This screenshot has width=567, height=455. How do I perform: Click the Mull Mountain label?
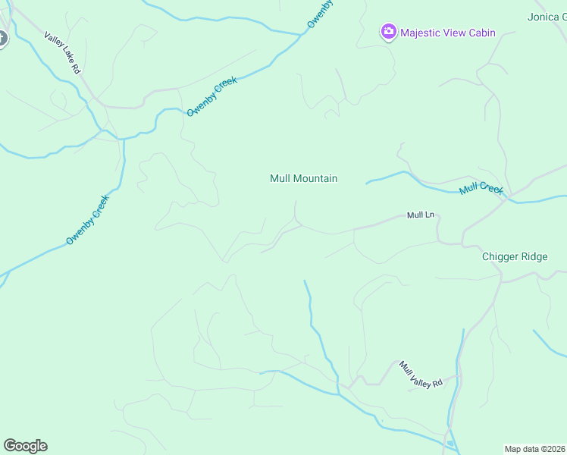(x=303, y=179)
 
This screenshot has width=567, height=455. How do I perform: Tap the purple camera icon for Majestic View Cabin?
(x=388, y=32)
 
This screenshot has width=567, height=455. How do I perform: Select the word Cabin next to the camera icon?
(x=481, y=33)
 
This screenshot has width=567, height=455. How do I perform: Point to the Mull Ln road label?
(x=421, y=215)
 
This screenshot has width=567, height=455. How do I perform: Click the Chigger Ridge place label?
(x=515, y=256)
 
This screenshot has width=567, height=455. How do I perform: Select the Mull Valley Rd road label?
(x=421, y=374)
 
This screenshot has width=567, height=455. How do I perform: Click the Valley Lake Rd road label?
(x=61, y=52)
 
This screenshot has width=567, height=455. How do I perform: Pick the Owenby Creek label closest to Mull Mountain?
(x=212, y=96)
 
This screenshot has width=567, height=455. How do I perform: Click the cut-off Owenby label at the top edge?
(x=321, y=14)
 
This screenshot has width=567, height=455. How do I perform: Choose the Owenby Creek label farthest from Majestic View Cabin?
(x=88, y=220)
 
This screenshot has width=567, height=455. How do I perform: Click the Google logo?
(x=25, y=446)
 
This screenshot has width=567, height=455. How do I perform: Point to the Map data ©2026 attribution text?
(x=534, y=448)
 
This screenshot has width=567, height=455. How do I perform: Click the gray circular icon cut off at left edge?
(x=2, y=38)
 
